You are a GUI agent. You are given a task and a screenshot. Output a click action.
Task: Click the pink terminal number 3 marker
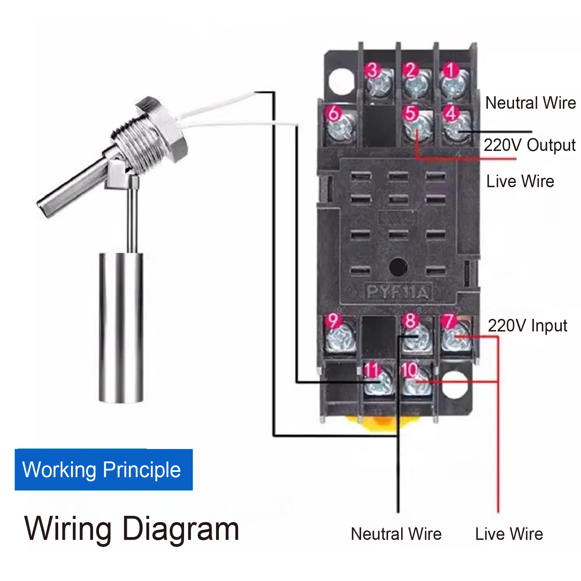tap(372, 70)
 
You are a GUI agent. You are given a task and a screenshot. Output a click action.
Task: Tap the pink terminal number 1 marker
tap(450, 70)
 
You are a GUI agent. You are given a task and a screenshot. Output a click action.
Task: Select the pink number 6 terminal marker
tap(334, 113)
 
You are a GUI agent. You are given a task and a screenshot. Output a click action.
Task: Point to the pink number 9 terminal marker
tap(333, 320)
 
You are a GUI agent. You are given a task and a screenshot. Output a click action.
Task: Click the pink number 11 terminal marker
tap(372, 369)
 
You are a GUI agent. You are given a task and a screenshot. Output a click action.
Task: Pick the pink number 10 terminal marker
tap(410, 369)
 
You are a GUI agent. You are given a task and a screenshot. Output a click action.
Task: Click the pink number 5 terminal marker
tap(411, 113)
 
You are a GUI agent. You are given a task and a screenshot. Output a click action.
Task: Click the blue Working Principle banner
tap(104, 469)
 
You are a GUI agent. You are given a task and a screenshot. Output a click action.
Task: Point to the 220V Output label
tap(529, 145)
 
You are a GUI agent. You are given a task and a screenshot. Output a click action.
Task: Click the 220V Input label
tap(527, 326)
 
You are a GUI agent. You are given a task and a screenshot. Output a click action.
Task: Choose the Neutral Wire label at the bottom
tap(396, 534)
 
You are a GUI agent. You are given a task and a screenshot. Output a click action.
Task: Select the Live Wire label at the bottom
tap(509, 534)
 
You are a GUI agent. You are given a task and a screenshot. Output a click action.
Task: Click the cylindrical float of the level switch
tap(121, 327)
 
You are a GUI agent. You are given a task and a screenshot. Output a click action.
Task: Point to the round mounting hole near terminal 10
tap(454, 384)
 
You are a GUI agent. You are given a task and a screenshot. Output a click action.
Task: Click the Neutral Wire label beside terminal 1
tap(530, 103)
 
